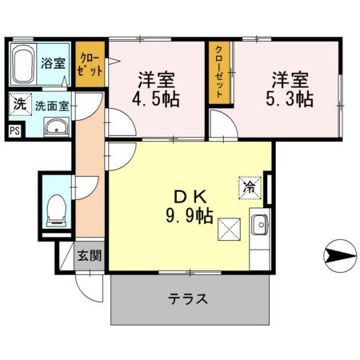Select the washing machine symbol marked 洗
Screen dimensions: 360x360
pyautogui.click(x=18, y=104)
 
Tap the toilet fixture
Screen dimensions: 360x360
pyautogui.click(x=56, y=210)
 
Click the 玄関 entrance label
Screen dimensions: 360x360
pyautogui.click(x=89, y=256)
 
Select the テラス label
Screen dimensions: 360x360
pyautogui.click(x=188, y=299)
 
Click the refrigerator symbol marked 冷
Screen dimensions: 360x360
pyautogui.click(x=250, y=188)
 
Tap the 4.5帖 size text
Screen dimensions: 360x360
pyautogui.click(x=156, y=100)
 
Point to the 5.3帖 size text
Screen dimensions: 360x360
pyautogui.click(x=290, y=100)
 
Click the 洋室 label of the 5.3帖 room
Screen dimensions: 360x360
pyautogui.click(x=290, y=80)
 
